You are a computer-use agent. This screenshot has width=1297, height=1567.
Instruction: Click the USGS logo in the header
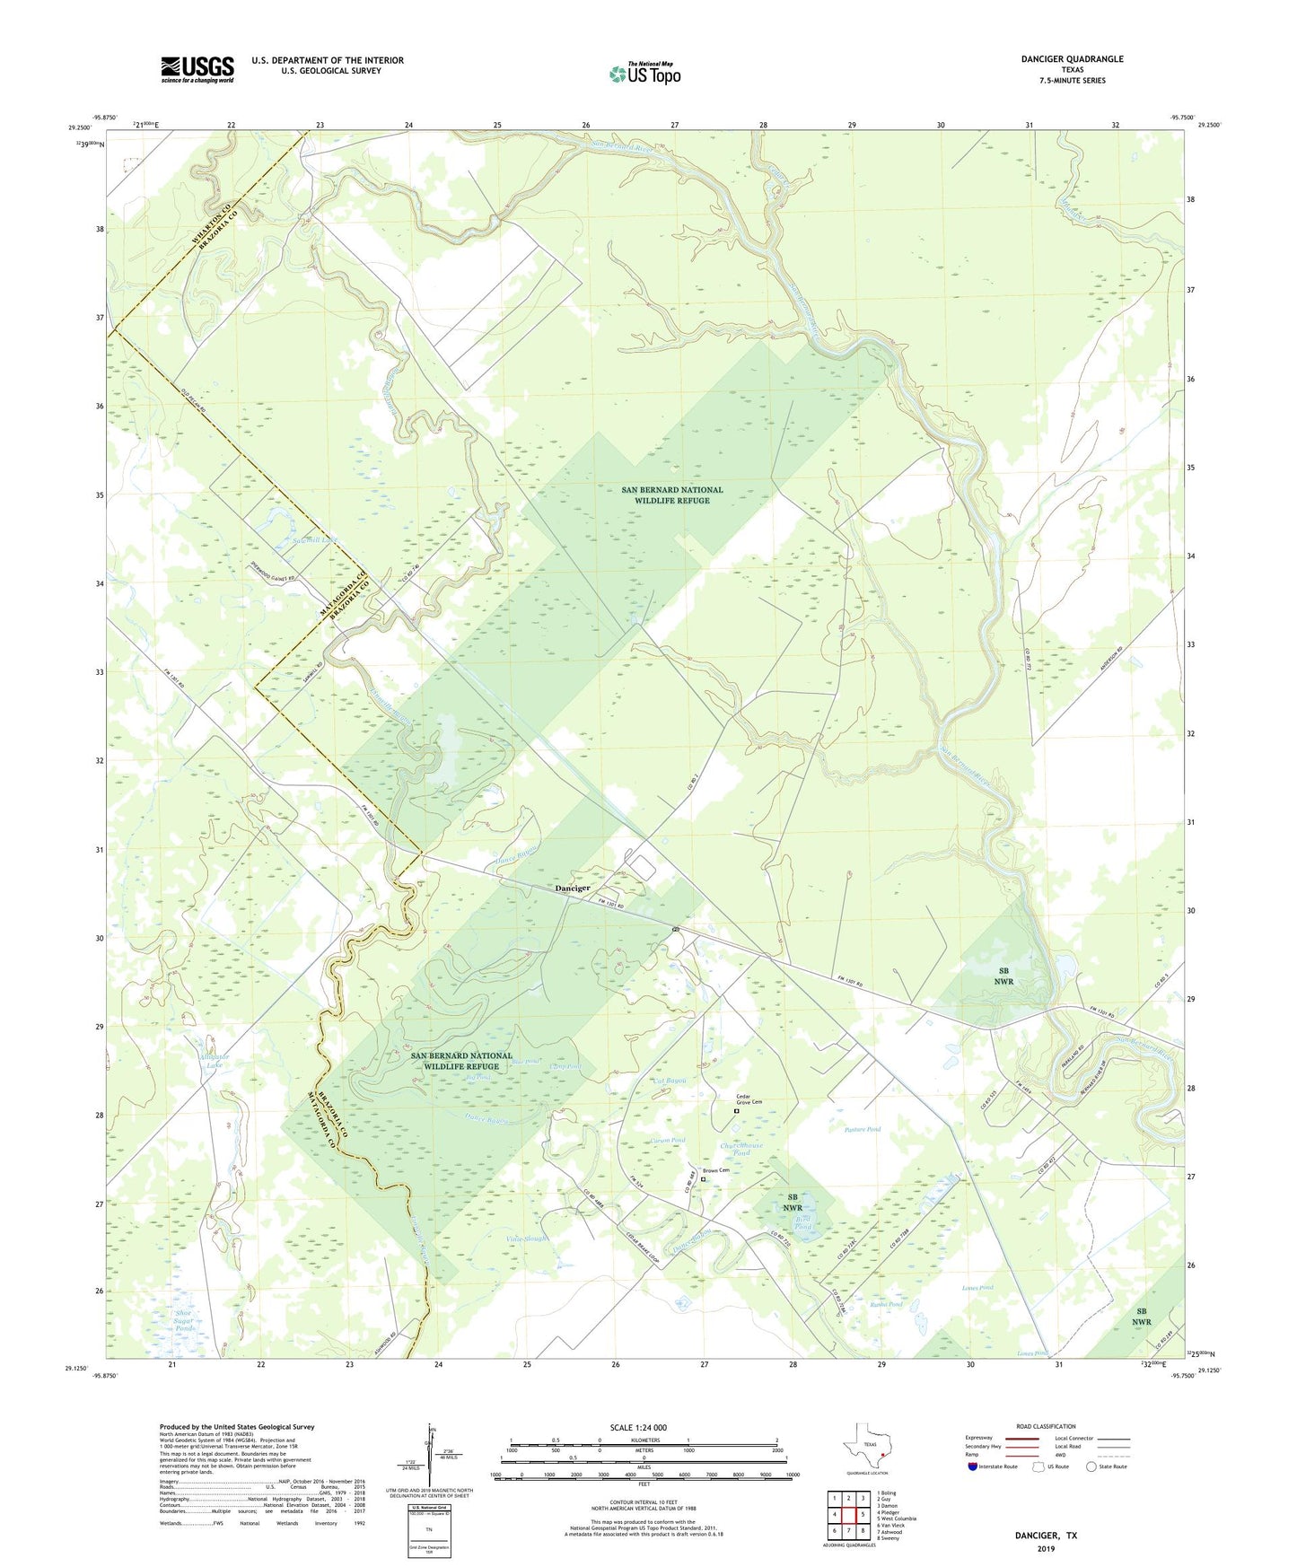point(197,69)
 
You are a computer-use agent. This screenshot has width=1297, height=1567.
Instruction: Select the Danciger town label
point(573,888)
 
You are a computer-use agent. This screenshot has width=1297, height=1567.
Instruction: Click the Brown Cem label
point(715,1170)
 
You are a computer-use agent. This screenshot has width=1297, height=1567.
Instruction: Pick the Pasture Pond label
point(863,1129)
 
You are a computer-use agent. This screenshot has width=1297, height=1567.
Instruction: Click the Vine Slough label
point(526,1239)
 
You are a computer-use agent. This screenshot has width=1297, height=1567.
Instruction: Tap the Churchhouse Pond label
point(741,1149)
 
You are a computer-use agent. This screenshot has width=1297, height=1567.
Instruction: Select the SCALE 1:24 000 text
point(638,1427)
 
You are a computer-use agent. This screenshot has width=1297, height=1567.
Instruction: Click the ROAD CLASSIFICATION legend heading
point(1046,1426)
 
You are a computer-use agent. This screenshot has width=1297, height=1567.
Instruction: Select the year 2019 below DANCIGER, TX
point(1046,1548)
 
